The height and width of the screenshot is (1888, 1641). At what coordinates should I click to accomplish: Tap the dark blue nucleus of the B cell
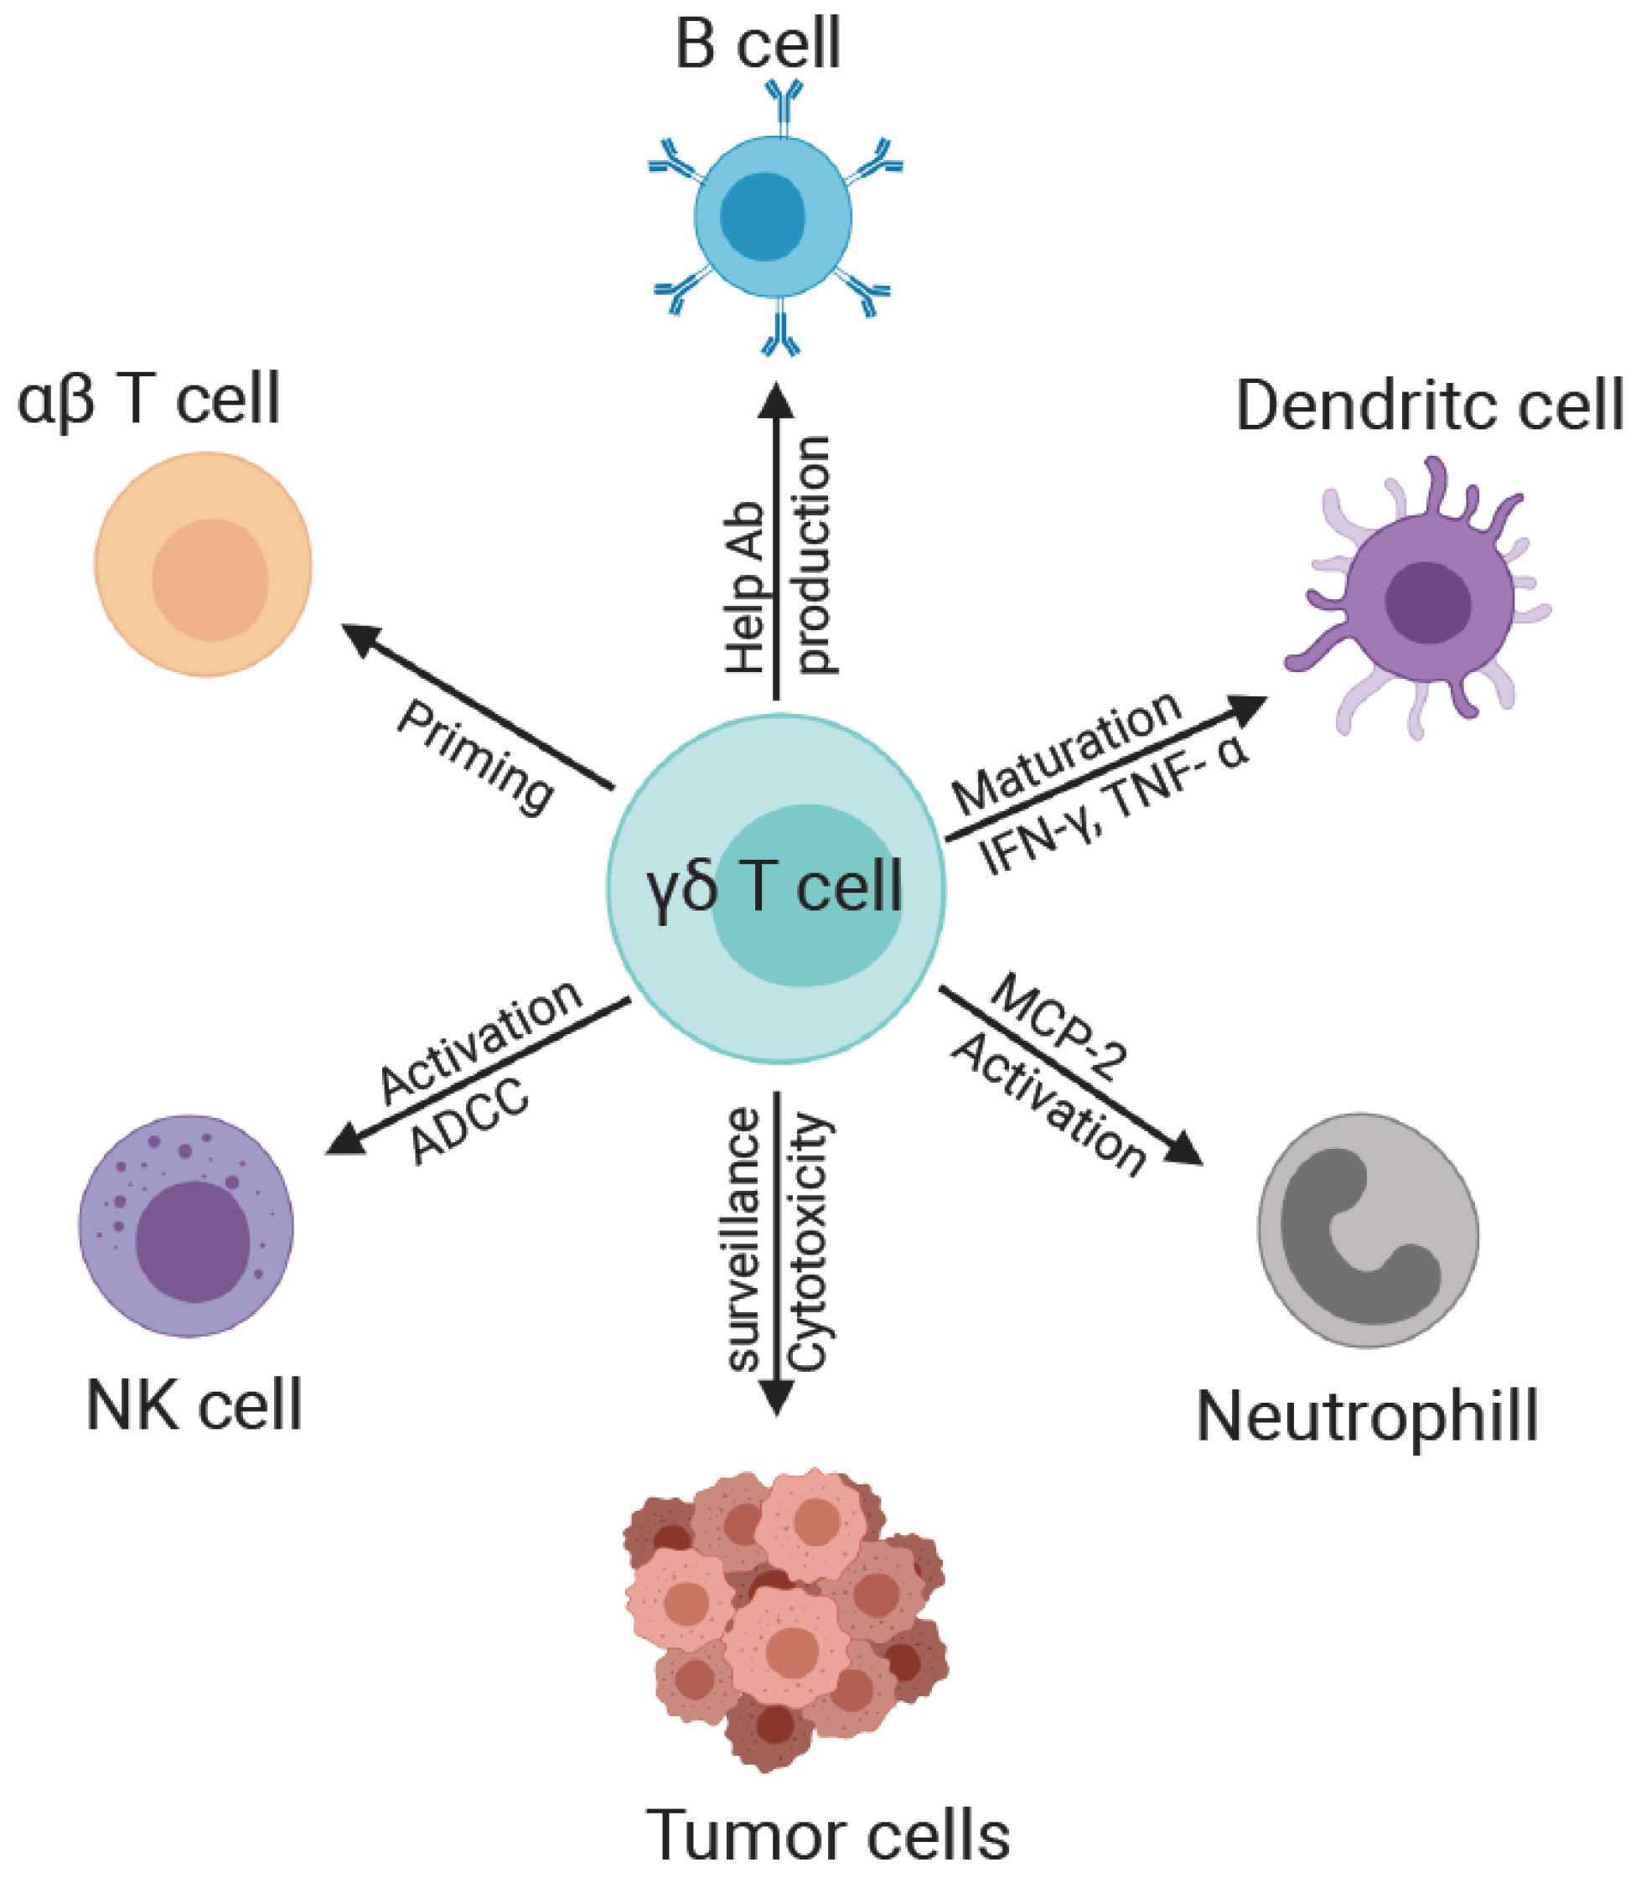tap(762, 217)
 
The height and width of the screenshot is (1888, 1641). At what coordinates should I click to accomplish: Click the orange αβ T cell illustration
tap(204, 565)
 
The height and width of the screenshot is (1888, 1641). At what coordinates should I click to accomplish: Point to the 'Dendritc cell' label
tap(1429, 405)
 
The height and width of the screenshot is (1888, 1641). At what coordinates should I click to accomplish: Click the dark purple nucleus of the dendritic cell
tap(1427, 603)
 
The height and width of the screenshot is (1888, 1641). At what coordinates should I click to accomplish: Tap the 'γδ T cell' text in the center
tap(774, 887)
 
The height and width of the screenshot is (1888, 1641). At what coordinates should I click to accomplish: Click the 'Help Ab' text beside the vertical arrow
tap(746, 587)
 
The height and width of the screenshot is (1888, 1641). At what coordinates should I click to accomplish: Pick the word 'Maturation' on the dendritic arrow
tap(1068, 753)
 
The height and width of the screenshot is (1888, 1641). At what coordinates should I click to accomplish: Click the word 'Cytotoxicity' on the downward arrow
tap(808, 1242)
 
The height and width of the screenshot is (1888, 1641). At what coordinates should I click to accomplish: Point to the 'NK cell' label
tap(194, 1404)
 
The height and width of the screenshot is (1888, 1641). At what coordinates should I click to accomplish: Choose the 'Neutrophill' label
tap(1366, 1415)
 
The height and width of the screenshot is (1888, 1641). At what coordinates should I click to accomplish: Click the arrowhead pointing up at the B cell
tap(777, 401)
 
